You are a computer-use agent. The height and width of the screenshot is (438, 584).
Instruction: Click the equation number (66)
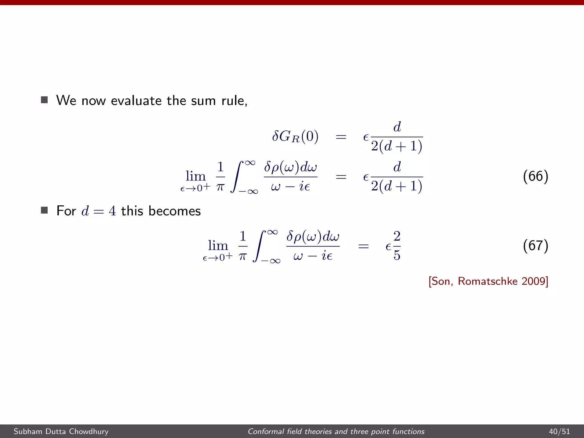535,176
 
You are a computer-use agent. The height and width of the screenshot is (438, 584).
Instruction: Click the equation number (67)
535,246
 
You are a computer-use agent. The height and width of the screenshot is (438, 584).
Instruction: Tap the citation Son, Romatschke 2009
488,281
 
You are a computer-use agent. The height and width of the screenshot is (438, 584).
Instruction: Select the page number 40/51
559,431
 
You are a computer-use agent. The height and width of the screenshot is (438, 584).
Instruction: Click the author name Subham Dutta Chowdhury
61,431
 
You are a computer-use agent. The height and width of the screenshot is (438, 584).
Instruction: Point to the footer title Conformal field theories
336,431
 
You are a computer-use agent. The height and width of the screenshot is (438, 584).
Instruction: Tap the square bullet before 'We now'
44,100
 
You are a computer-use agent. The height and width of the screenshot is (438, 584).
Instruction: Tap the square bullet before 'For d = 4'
44,210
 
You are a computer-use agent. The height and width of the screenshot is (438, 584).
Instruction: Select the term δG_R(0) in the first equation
295,137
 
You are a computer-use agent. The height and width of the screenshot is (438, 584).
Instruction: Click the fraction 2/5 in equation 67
397,246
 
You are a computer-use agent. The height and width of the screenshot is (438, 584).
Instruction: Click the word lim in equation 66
196,176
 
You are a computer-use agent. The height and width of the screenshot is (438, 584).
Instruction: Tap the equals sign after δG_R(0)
341,137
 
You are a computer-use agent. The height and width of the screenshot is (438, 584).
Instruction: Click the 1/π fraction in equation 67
243,246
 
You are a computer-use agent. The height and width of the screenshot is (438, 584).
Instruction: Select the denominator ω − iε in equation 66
290,187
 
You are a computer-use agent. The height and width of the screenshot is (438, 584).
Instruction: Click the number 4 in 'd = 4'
112,211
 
